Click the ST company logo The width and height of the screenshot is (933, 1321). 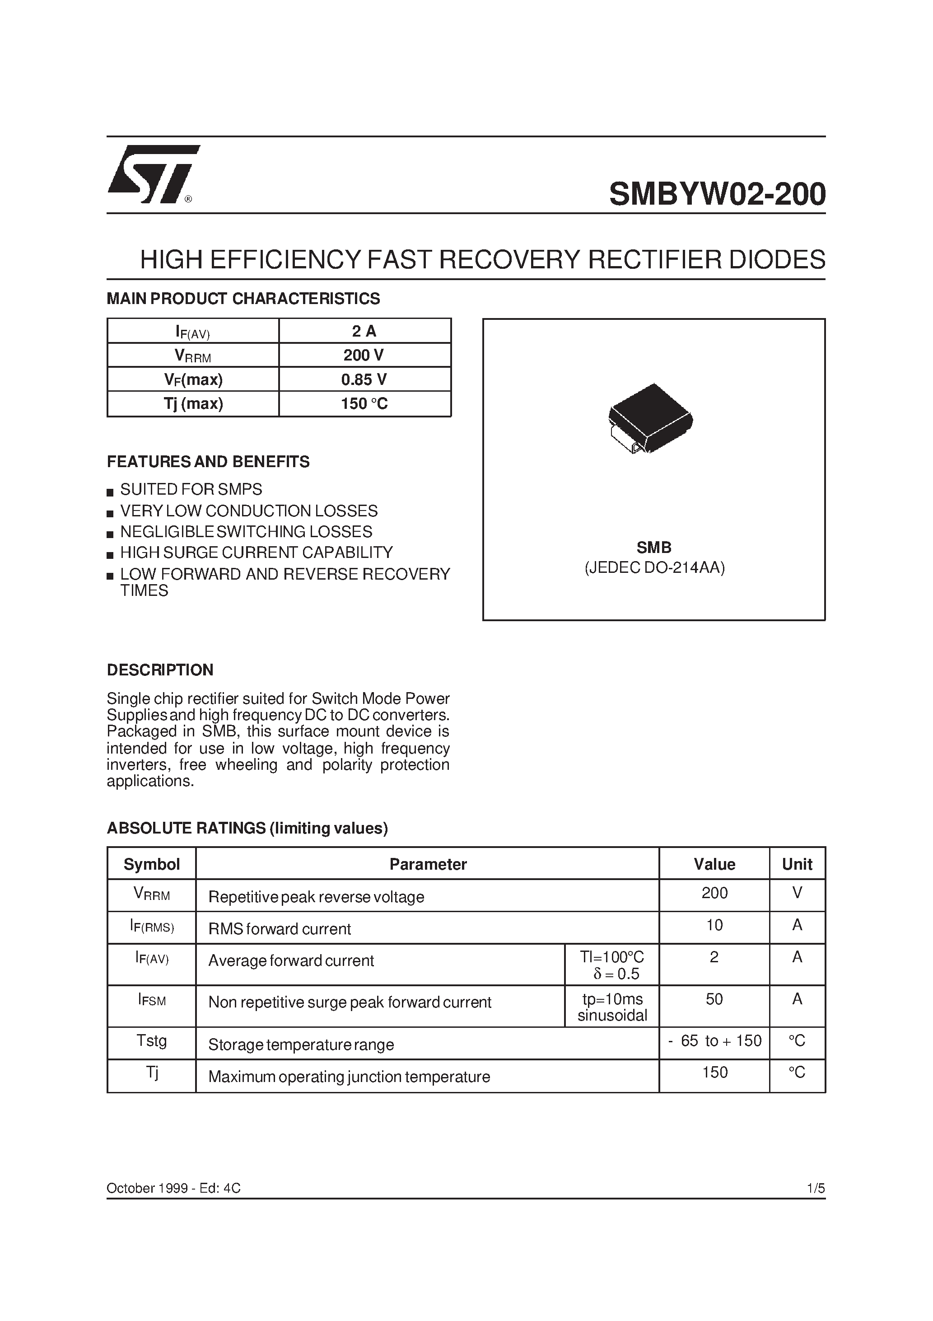(151, 174)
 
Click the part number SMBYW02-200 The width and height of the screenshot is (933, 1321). (717, 194)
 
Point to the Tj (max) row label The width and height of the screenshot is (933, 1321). (193, 404)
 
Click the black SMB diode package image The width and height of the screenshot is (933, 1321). (651, 418)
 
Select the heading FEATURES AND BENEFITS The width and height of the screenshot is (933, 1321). (208, 462)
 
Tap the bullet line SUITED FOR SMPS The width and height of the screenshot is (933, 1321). (191, 490)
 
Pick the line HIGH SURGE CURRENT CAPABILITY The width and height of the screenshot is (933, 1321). (256, 553)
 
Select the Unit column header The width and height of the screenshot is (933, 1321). (797, 864)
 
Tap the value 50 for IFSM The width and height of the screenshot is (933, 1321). (714, 999)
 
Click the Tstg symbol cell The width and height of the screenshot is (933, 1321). (151, 1041)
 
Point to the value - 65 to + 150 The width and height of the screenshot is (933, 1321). (714, 1041)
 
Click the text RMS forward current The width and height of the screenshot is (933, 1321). (280, 929)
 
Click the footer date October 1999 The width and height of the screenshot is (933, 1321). (148, 1189)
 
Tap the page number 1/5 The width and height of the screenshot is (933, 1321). (816, 1189)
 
